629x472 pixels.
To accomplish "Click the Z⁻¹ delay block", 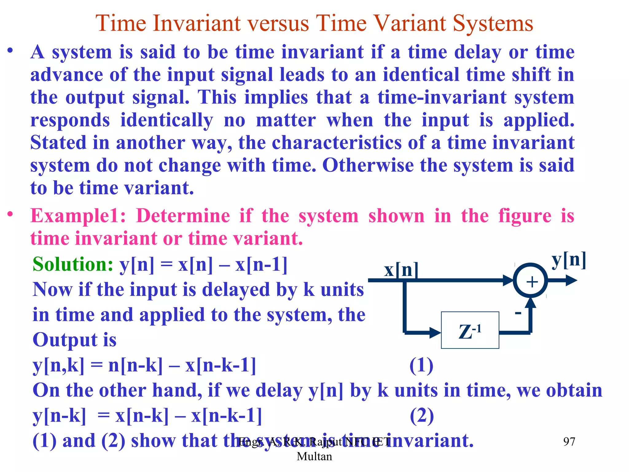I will pos(470,330).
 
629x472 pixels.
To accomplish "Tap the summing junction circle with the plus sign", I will pos(530,281).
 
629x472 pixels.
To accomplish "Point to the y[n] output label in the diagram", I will pos(569,260).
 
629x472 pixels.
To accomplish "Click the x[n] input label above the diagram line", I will pos(401,270).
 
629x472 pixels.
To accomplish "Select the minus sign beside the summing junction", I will pos(518,313).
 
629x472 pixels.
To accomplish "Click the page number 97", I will pos(569,442).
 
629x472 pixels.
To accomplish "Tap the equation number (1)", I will pos(421,366).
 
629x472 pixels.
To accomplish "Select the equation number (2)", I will pos(422,416).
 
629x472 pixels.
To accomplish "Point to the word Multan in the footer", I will pos(314,456).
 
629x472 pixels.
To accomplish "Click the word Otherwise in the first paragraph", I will pos(368,165).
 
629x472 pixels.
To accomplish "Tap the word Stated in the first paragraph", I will pos(58,143).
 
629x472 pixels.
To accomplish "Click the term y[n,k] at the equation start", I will pos(58,366).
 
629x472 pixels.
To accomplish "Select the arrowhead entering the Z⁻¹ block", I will pos(435,332).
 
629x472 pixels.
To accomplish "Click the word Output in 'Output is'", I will pos(65,340).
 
